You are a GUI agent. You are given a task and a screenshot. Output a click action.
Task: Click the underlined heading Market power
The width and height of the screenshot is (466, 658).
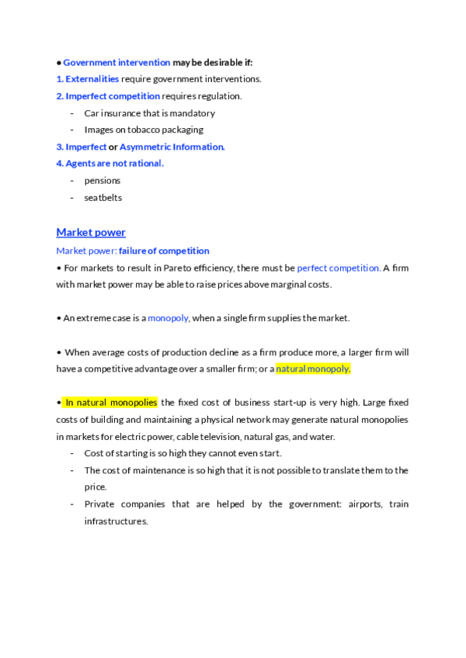(x=91, y=232)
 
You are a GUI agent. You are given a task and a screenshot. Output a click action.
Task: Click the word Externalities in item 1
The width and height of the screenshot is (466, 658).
(x=92, y=78)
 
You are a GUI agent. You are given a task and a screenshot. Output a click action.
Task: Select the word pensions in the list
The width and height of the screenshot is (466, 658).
(x=103, y=181)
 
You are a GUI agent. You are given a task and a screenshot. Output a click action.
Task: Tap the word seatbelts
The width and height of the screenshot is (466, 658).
(x=103, y=198)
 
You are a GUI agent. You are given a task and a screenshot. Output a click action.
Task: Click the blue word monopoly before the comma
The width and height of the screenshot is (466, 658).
(x=169, y=318)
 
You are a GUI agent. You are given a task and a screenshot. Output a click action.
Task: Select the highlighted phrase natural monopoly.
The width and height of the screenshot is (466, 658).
(x=313, y=369)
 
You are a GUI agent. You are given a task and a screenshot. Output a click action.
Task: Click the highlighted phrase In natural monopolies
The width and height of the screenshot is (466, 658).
(x=110, y=402)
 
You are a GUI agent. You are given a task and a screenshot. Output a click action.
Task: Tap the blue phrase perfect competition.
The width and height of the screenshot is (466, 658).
(x=339, y=268)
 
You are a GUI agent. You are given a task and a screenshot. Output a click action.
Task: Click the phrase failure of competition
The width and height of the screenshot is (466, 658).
(x=164, y=251)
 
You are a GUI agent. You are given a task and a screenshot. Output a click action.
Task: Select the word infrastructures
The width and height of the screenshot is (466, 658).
(x=116, y=521)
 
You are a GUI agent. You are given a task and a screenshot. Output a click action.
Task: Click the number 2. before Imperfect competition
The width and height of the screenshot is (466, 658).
(x=60, y=95)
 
